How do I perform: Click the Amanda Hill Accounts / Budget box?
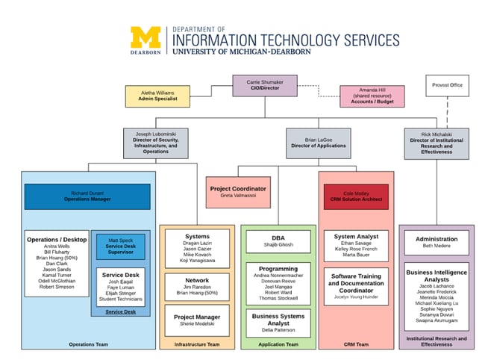(372, 96)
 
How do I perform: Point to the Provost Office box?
(448, 85)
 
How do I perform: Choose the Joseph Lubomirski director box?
(156, 143)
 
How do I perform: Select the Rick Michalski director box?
(436, 143)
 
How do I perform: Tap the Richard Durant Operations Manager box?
(87, 196)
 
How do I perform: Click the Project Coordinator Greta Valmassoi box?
(237, 192)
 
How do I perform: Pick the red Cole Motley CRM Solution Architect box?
(356, 196)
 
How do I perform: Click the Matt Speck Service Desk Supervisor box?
(120, 246)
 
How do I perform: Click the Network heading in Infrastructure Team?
(197, 280)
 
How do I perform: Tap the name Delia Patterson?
(277, 329)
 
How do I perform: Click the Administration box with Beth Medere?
(436, 242)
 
